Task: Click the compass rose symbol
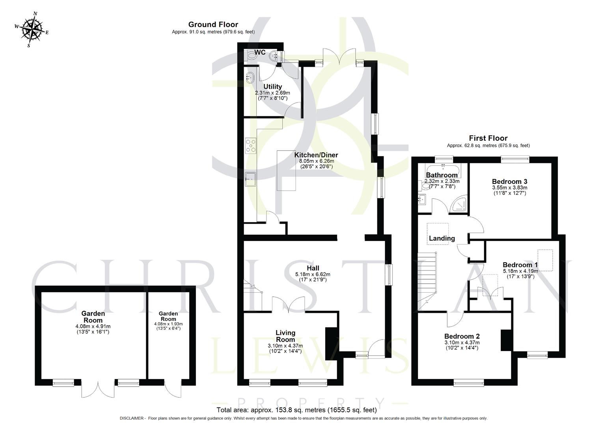point(32,30)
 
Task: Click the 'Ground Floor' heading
point(213,24)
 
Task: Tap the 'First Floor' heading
point(488,138)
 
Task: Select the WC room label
point(259,52)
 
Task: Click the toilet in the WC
point(251,56)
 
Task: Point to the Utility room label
point(272,87)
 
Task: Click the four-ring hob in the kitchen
point(250,145)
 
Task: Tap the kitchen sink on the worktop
point(250,179)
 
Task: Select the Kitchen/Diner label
point(316,155)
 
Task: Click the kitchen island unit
point(286,170)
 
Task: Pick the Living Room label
point(285,336)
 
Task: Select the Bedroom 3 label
point(509,181)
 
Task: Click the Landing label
point(442,238)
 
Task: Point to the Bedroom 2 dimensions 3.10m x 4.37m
point(462,342)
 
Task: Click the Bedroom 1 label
point(520,265)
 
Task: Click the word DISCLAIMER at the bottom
point(132,418)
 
